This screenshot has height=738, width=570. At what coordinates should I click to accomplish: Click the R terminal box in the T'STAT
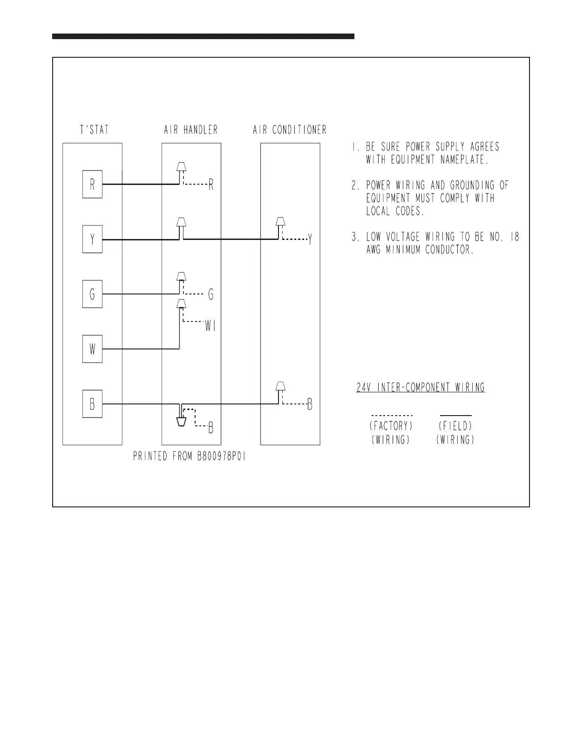92,184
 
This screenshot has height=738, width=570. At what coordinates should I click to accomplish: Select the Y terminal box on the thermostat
92,239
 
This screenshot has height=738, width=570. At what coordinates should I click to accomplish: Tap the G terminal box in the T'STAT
92,294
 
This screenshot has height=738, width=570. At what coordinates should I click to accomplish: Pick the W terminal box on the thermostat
92,349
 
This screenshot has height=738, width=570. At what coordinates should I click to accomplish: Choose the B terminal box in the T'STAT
92,404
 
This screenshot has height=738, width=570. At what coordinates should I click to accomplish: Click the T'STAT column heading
94,130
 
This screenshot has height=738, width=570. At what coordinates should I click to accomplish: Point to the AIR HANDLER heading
190,130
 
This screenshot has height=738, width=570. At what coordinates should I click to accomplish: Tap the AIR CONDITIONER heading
289,130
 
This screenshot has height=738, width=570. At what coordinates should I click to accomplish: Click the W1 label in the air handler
210,327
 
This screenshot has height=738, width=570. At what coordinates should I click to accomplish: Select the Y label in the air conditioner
310,240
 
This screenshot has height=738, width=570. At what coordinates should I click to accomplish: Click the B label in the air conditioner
310,404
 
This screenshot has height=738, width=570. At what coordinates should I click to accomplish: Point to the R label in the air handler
211,185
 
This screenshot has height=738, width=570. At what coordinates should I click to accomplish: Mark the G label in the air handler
211,294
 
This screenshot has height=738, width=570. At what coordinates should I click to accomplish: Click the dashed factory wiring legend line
392,415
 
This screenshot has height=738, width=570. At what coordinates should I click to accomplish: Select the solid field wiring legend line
455,415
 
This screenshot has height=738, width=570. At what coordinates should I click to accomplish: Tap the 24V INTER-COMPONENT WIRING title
421,388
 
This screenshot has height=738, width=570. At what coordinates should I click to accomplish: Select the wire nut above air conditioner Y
280,221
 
